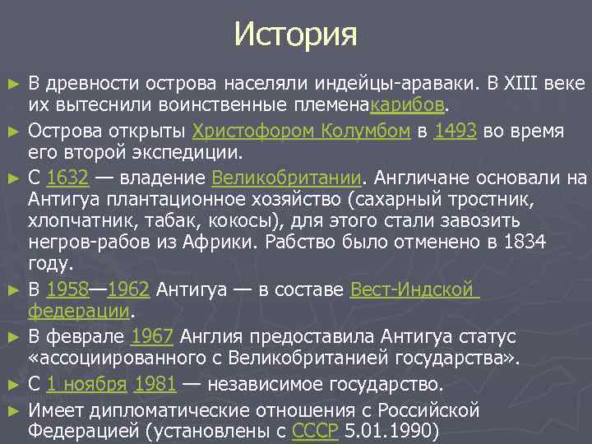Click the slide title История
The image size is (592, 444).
pyautogui.click(x=295, y=35)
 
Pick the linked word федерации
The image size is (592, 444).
pyautogui.click(x=80, y=312)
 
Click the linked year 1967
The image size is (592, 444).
pyautogui.click(x=152, y=337)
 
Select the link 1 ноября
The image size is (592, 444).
pyautogui.click(x=86, y=384)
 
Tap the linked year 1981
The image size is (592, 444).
pyautogui.click(x=154, y=384)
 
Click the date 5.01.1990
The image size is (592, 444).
pyautogui.click(x=382, y=431)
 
